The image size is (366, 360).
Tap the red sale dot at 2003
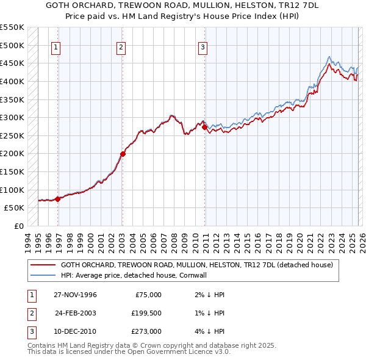click(x=123, y=154)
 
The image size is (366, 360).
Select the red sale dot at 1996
click(x=57, y=198)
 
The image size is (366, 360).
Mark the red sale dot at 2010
click(x=205, y=127)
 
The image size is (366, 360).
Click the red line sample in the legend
click(x=43, y=265)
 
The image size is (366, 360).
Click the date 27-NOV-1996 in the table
click(x=75, y=295)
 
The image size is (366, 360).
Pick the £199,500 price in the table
click(x=146, y=313)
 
